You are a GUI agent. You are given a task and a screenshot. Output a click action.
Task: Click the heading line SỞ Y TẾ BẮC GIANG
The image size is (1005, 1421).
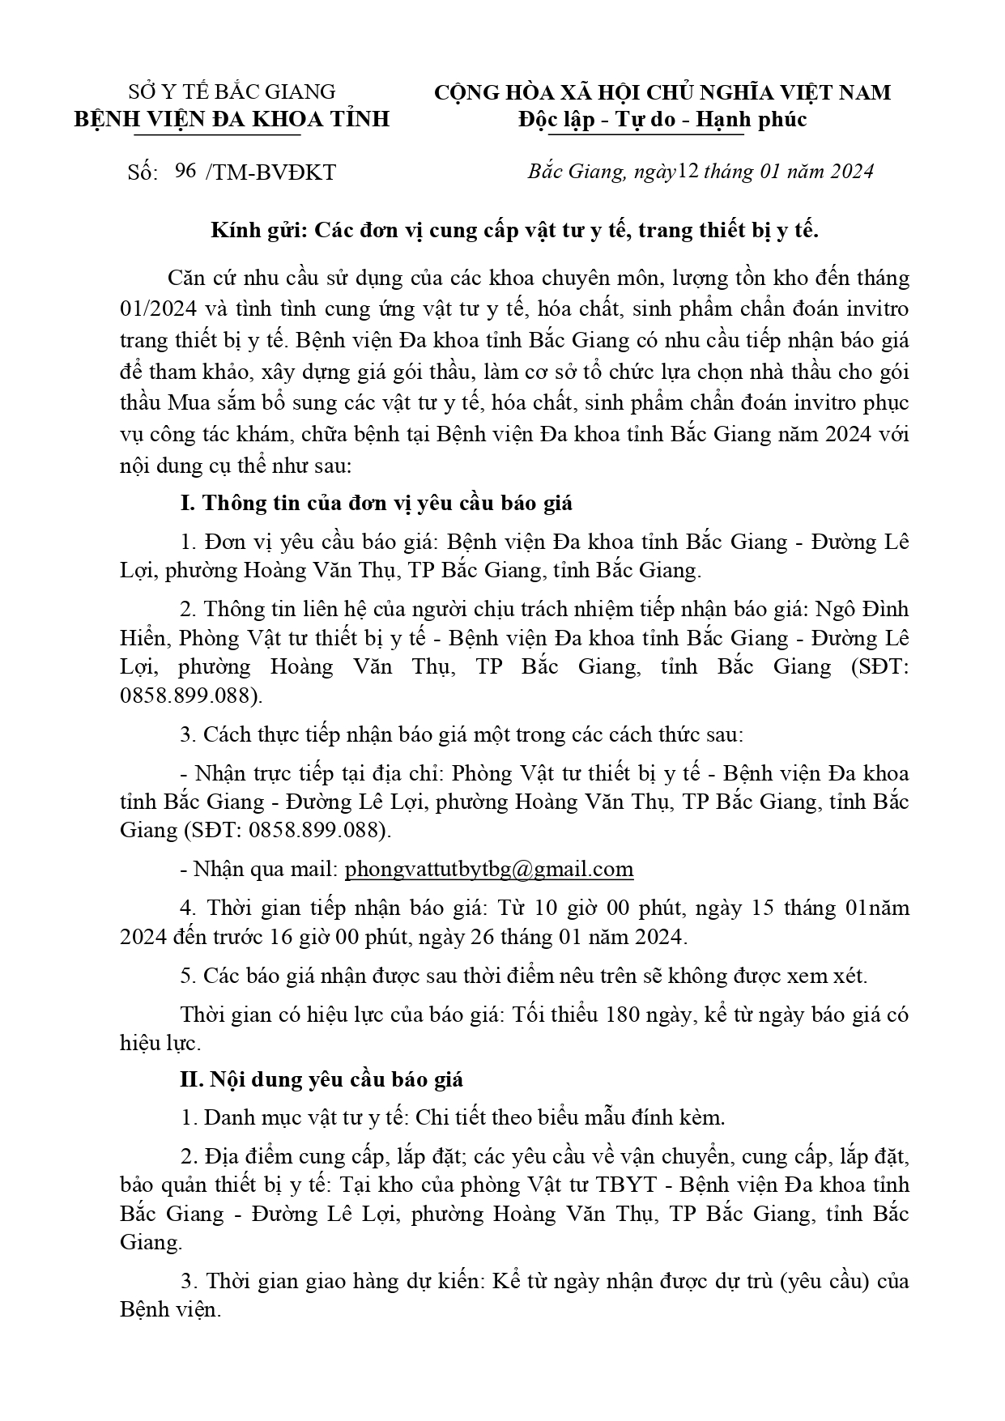(x=232, y=91)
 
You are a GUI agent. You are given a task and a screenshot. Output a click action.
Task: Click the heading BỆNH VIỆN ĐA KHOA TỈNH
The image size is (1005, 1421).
(x=232, y=120)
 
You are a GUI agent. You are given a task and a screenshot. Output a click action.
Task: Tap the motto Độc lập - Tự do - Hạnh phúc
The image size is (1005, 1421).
(x=662, y=120)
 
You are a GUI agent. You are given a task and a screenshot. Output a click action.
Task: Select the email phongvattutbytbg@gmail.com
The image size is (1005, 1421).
(x=489, y=870)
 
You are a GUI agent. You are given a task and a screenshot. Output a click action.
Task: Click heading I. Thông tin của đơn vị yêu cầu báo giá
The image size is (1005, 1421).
(x=376, y=503)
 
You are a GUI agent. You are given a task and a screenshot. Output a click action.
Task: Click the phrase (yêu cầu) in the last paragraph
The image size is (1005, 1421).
(x=824, y=1282)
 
